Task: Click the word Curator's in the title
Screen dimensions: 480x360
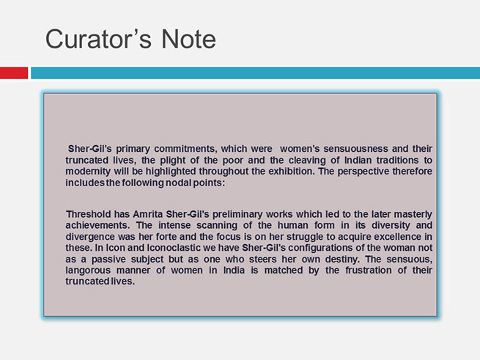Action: (98, 39)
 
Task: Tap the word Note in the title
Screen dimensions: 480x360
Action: (188, 39)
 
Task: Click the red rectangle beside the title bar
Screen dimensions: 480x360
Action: (14, 73)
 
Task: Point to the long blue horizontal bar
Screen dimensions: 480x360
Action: (255, 73)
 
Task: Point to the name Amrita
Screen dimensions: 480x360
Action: (147, 214)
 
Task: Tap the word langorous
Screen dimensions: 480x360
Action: (88, 271)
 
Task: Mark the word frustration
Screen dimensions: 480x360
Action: (369, 271)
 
